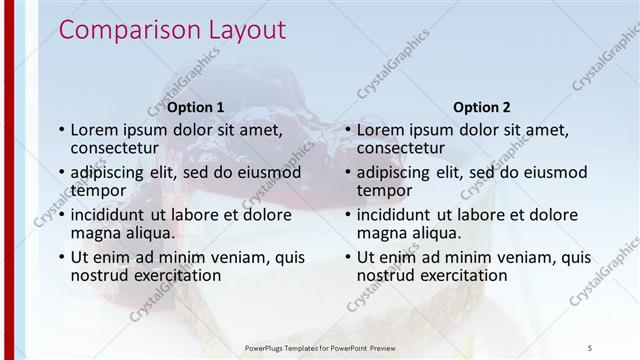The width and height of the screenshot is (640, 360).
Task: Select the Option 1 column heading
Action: coord(195,107)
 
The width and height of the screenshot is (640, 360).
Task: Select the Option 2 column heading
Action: coord(482,107)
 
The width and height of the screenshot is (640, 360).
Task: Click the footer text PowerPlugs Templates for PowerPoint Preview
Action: coord(320,347)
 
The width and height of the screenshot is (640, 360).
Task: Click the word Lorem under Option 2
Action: coord(383,130)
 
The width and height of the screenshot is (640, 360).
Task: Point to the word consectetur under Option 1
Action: coord(122,149)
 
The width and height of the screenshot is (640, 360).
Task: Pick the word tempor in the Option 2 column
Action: coord(384,191)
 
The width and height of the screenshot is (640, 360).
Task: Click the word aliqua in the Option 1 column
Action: coord(146,233)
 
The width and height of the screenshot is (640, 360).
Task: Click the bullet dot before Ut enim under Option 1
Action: coord(61,257)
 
